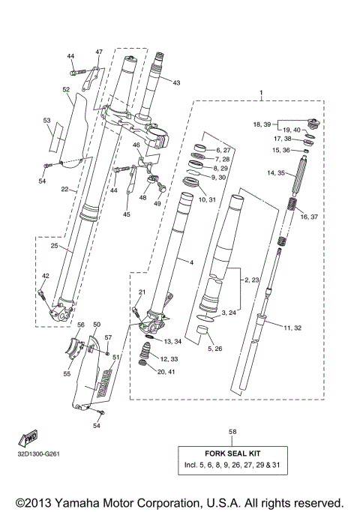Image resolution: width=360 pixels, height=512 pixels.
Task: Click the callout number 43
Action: pyautogui.click(x=177, y=82)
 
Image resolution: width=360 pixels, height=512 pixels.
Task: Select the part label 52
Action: pyautogui.click(x=67, y=89)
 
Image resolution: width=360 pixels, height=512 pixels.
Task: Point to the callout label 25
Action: pyautogui.click(x=54, y=246)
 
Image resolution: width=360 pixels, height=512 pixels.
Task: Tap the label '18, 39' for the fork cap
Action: pyautogui.click(x=263, y=123)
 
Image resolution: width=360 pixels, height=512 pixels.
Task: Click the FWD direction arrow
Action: pyautogui.click(x=31, y=437)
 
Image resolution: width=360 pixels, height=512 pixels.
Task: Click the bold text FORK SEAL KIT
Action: pyautogui.click(x=232, y=454)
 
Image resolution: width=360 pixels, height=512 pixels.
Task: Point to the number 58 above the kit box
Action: pyautogui.click(x=232, y=433)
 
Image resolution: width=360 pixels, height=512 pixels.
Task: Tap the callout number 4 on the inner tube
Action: pyautogui.click(x=192, y=263)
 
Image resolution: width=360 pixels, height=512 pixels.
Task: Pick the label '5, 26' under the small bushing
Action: pyautogui.click(x=214, y=349)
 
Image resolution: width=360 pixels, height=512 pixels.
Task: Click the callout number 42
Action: pyautogui.click(x=45, y=277)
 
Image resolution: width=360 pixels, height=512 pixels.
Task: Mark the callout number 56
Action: pyautogui.click(x=80, y=325)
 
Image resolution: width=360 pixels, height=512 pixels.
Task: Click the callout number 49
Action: pyautogui.click(x=157, y=203)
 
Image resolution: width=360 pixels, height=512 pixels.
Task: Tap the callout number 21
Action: pyautogui.click(x=142, y=292)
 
